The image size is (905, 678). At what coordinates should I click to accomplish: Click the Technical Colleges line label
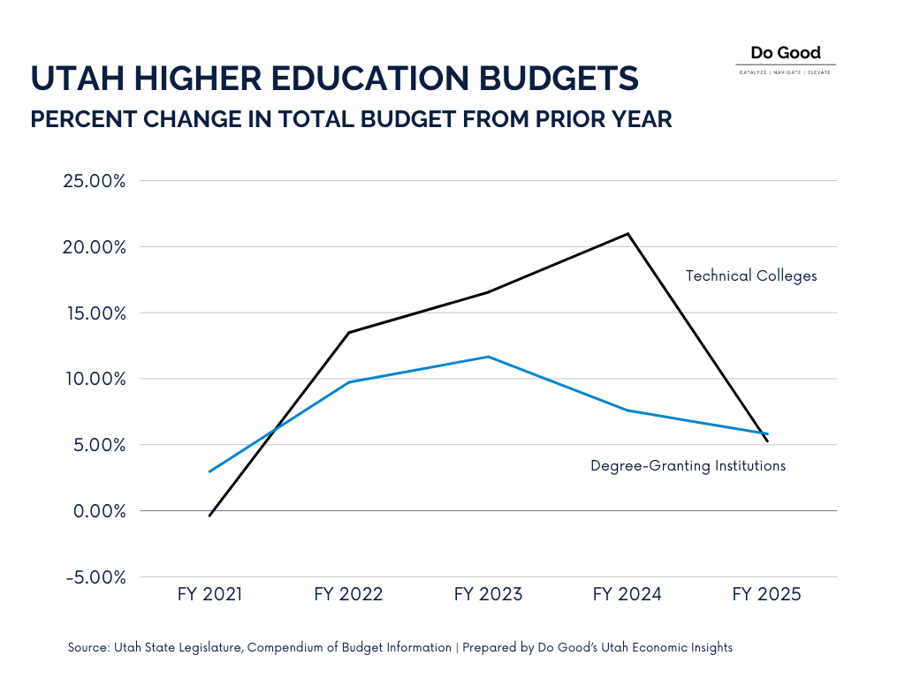[751, 276]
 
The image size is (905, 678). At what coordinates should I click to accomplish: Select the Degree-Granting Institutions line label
[688, 466]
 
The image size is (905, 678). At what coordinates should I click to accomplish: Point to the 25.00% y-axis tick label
[94, 181]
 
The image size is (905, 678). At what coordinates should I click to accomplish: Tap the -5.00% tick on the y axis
[95, 577]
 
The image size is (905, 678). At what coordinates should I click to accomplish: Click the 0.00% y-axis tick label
[99, 511]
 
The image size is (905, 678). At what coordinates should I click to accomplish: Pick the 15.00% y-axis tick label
[95, 313]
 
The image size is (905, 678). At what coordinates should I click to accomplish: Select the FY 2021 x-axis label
[209, 594]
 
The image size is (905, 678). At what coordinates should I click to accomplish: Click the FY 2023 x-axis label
[488, 594]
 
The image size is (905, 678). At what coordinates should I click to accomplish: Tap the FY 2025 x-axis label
[766, 594]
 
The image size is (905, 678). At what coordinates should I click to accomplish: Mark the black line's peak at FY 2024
[628, 233]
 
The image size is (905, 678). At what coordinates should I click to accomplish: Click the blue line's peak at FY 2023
[488, 357]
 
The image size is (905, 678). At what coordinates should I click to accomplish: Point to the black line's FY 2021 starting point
[209, 515]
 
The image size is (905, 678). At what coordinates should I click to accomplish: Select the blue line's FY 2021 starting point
[209, 471]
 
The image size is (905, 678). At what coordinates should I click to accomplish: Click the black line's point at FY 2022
[349, 332]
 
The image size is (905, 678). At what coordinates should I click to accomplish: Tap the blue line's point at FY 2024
[628, 411]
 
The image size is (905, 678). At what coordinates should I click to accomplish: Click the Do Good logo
[786, 59]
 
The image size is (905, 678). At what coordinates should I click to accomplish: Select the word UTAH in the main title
[78, 79]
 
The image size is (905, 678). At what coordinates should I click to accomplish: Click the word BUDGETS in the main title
[559, 79]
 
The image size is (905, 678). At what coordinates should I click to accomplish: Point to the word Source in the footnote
[88, 647]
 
